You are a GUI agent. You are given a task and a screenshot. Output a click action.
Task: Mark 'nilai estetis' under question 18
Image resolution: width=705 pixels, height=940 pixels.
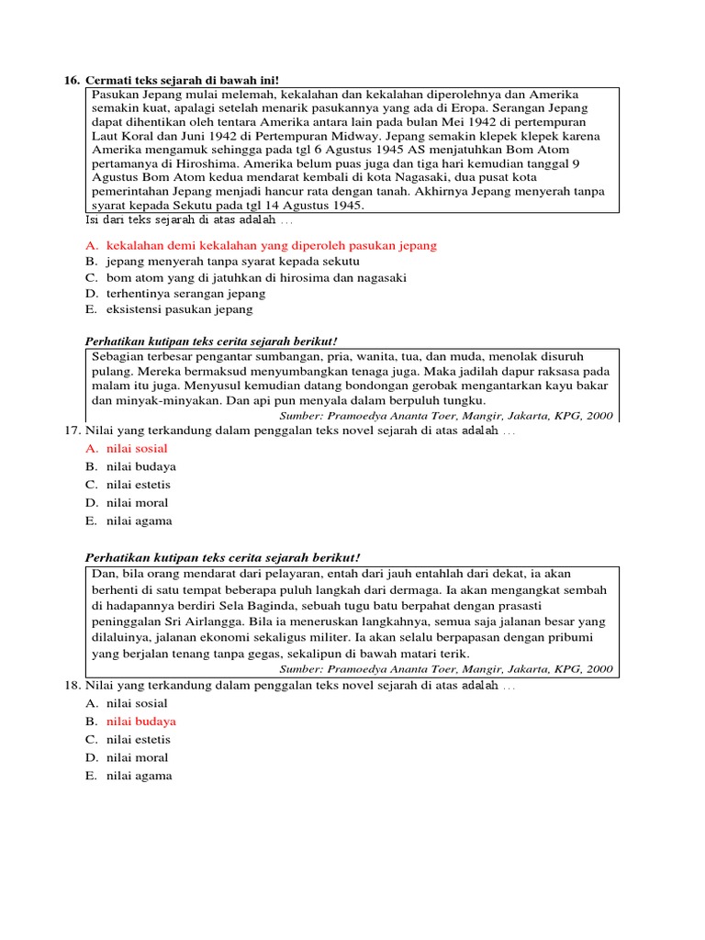[x=138, y=739]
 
